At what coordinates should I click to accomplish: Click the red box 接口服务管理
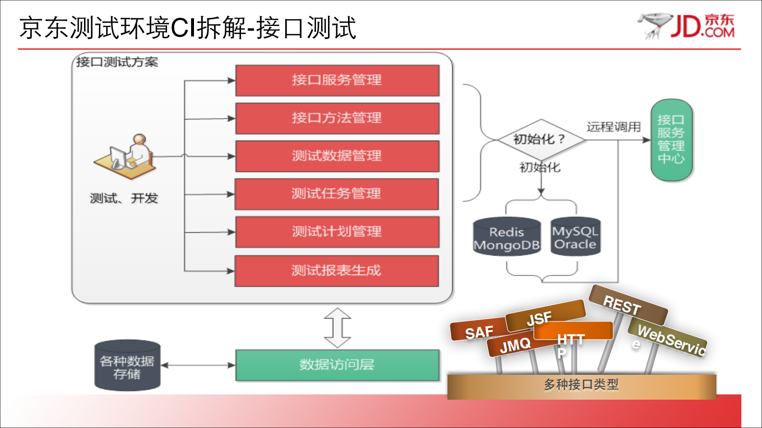pos(337,80)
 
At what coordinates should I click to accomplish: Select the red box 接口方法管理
pos(337,118)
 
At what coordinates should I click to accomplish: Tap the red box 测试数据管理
pos(337,156)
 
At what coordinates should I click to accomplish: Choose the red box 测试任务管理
pos(337,194)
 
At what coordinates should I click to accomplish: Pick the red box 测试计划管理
pos(337,232)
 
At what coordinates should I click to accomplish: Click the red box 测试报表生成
pos(337,271)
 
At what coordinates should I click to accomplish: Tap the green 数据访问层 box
pos(337,365)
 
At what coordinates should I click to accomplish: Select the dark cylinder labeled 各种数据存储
pos(127,366)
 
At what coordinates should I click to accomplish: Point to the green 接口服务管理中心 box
pos(671,140)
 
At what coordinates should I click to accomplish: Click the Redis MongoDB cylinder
pos(507,237)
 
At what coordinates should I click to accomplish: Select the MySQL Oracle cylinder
pos(575,237)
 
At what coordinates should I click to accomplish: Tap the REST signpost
pos(626,305)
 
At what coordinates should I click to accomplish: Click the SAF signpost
pos(477,331)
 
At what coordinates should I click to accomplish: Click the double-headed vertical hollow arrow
pos(338,328)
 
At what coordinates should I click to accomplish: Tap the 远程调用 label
pos(613,127)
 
